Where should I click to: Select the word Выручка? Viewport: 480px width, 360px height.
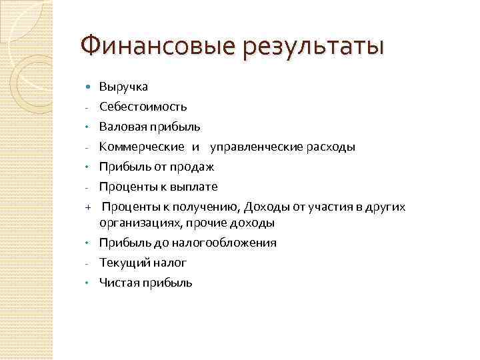123,87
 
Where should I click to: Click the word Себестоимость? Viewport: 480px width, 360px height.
143,107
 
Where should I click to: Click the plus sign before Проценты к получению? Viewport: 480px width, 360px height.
87,207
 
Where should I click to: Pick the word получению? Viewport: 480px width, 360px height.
189,207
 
